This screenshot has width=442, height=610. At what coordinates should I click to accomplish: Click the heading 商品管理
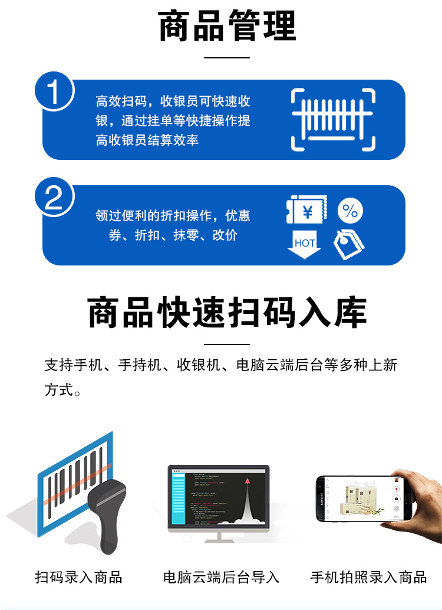tap(227, 27)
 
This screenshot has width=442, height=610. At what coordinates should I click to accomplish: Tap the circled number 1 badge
tap(54, 93)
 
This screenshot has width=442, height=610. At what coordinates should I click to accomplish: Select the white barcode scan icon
tap(334, 120)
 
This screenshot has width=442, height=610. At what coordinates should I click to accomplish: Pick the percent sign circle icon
tap(350, 211)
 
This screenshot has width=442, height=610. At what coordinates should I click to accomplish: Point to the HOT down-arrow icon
tap(304, 244)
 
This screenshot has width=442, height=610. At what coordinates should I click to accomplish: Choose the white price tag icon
tap(349, 244)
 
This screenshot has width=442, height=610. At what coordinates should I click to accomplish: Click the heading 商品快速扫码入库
tap(227, 313)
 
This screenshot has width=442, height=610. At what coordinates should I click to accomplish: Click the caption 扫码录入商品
tap(78, 576)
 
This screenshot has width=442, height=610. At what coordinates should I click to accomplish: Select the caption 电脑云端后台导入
tap(221, 576)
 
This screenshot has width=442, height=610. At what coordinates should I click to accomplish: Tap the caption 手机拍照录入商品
tap(368, 576)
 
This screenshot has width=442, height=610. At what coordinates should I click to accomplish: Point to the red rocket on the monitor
tap(247, 483)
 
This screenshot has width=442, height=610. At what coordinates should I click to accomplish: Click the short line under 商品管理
tap(227, 57)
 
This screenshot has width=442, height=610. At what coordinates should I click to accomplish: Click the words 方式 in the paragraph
tap(58, 390)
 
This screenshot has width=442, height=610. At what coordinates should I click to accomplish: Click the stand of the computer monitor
tap(219, 538)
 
